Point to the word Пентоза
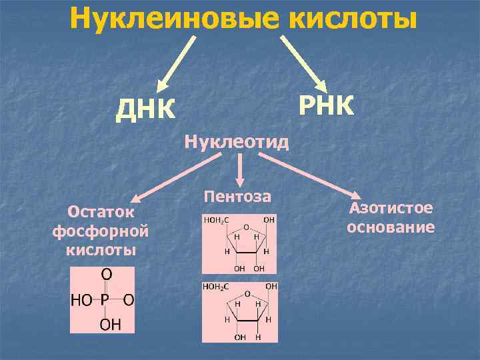[x=238, y=197]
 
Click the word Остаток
[x=101, y=212]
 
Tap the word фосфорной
[x=100, y=231]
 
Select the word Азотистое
[x=391, y=208]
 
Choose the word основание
[x=391, y=227]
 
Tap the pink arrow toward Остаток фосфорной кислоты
[x=177, y=177]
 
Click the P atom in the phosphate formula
[x=105, y=300]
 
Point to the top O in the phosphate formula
[x=105, y=275]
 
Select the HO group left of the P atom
[x=82, y=300]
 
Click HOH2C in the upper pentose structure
[x=216, y=219]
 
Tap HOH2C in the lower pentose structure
[x=216, y=287]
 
